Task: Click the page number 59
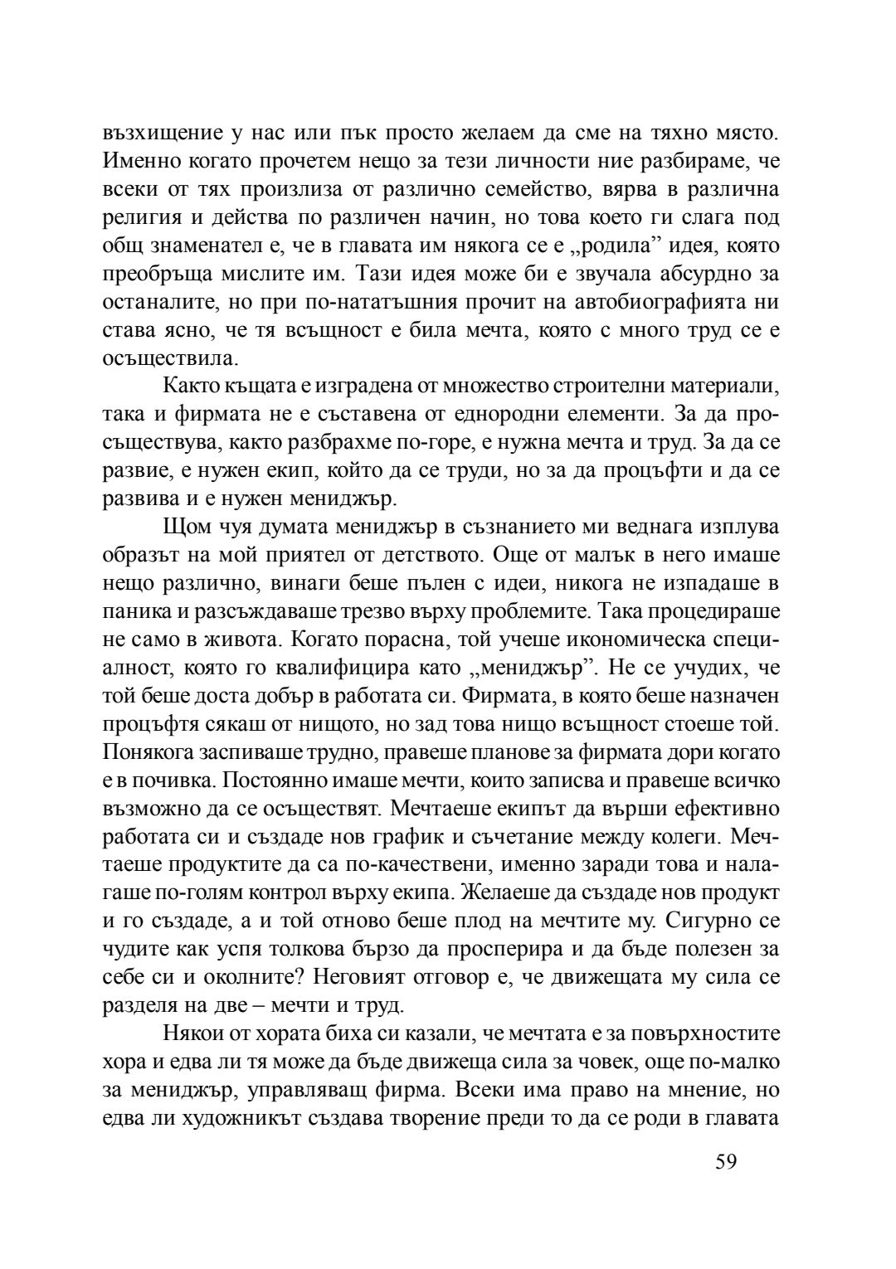click(x=725, y=1160)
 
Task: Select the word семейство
click(x=568, y=189)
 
